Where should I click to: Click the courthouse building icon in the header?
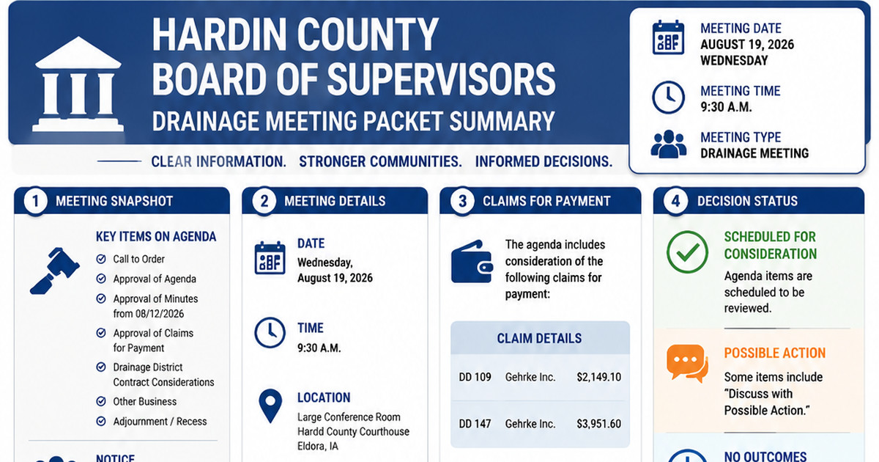(x=78, y=84)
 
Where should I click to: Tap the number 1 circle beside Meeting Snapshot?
(x=35, y=201)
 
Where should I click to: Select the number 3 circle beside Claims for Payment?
(x=462, y=201)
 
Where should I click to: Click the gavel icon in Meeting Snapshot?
(x=54, y=271)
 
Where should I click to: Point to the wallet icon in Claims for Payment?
(x=472, y=262)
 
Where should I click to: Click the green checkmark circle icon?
(x=687, y=252)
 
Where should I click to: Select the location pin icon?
(x=270, y=406)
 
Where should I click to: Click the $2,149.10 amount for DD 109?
(x=599, y=377)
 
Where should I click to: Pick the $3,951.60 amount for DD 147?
(x=599, y=424)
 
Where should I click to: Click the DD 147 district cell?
(x=475, y=424)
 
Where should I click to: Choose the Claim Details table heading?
(x=540, y=338)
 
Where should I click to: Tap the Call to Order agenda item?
(x=139, y=260)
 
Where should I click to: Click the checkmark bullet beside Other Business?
(x=101, y=401)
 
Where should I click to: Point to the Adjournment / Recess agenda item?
(x=160, y=422)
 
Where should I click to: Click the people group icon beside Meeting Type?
(x=669, y=144)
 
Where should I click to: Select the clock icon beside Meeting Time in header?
(x=668, y=98)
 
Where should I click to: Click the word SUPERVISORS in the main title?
(x=442, y=79)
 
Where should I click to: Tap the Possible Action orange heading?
(x=775, y=353)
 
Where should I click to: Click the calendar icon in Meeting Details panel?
(x=270, y=257)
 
